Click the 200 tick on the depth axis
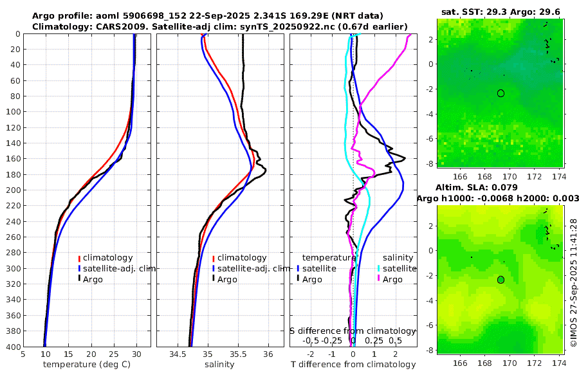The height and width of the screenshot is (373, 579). click(14, 190)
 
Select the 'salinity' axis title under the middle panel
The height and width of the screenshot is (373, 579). click(219, 365)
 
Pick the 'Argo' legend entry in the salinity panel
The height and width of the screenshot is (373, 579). click(227, 279)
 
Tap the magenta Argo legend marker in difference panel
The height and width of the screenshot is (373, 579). click(379, 279)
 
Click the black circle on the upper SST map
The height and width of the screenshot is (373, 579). click(501, 93)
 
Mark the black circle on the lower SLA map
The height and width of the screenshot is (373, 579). click(501, 280)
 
